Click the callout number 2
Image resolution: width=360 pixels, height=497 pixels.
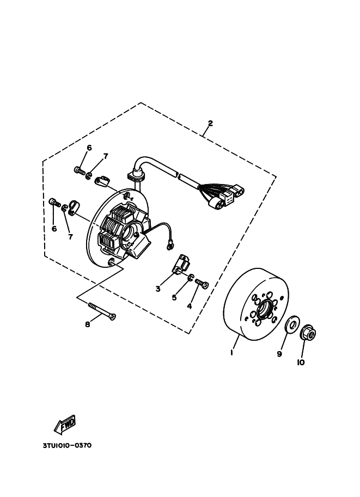210,124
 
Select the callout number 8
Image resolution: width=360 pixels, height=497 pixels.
88,324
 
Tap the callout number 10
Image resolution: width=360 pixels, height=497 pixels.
301,363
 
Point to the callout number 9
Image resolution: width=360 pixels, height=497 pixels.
279,354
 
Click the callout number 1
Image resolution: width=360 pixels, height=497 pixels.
232,352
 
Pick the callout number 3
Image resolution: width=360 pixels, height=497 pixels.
158,289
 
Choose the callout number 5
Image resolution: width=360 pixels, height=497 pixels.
174,298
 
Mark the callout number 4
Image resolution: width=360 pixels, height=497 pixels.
190,306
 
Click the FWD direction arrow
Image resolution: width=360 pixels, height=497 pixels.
65,425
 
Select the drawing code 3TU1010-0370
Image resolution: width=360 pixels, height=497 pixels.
67,445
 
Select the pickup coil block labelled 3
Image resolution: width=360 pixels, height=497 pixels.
181,263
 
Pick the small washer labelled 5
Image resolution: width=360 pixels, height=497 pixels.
190,277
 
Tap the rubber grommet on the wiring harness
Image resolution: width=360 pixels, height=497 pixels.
136,174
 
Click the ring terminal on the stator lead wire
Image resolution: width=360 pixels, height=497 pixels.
170,244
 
